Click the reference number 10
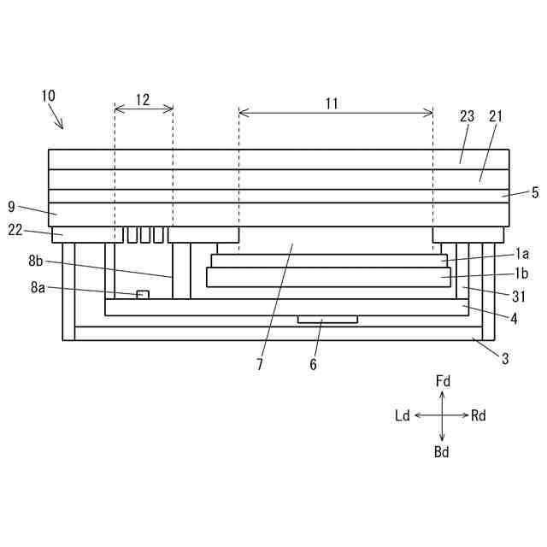pyautogui.click(x=49, y=96)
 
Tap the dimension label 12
pyautogui.click(x=143, y=100)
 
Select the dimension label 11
pyautogui.click(x=332, y=103)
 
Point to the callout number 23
pyautogui.click(x=467, y=117)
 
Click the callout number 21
pyautogui.click(x=496, y=117)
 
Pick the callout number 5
pyautogui.click(x=534, y=193)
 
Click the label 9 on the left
pyautogui.click(x=11, y=206)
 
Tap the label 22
pyautogui.click(x=16, y=228)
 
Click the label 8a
pyautogui.click(x=37, y=289)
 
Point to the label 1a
pyautogui.click(x=521, y=254)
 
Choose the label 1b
pyautogui.click(x=521, y=275)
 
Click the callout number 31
pyautogui.click(x=518, y=297)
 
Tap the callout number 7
pyautogui.click(x=260, y=365)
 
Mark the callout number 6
pyautogui.click(x=313, y=365)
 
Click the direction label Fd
pyautogui.click(x=443, y=380)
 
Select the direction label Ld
pyautogui.click(x=403, y=416)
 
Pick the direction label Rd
pyautogui.click(x=479, y=416)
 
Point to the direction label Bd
pyautogui.click(x=442, y=452)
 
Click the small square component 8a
pyautogui.click(x=143, y=295)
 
